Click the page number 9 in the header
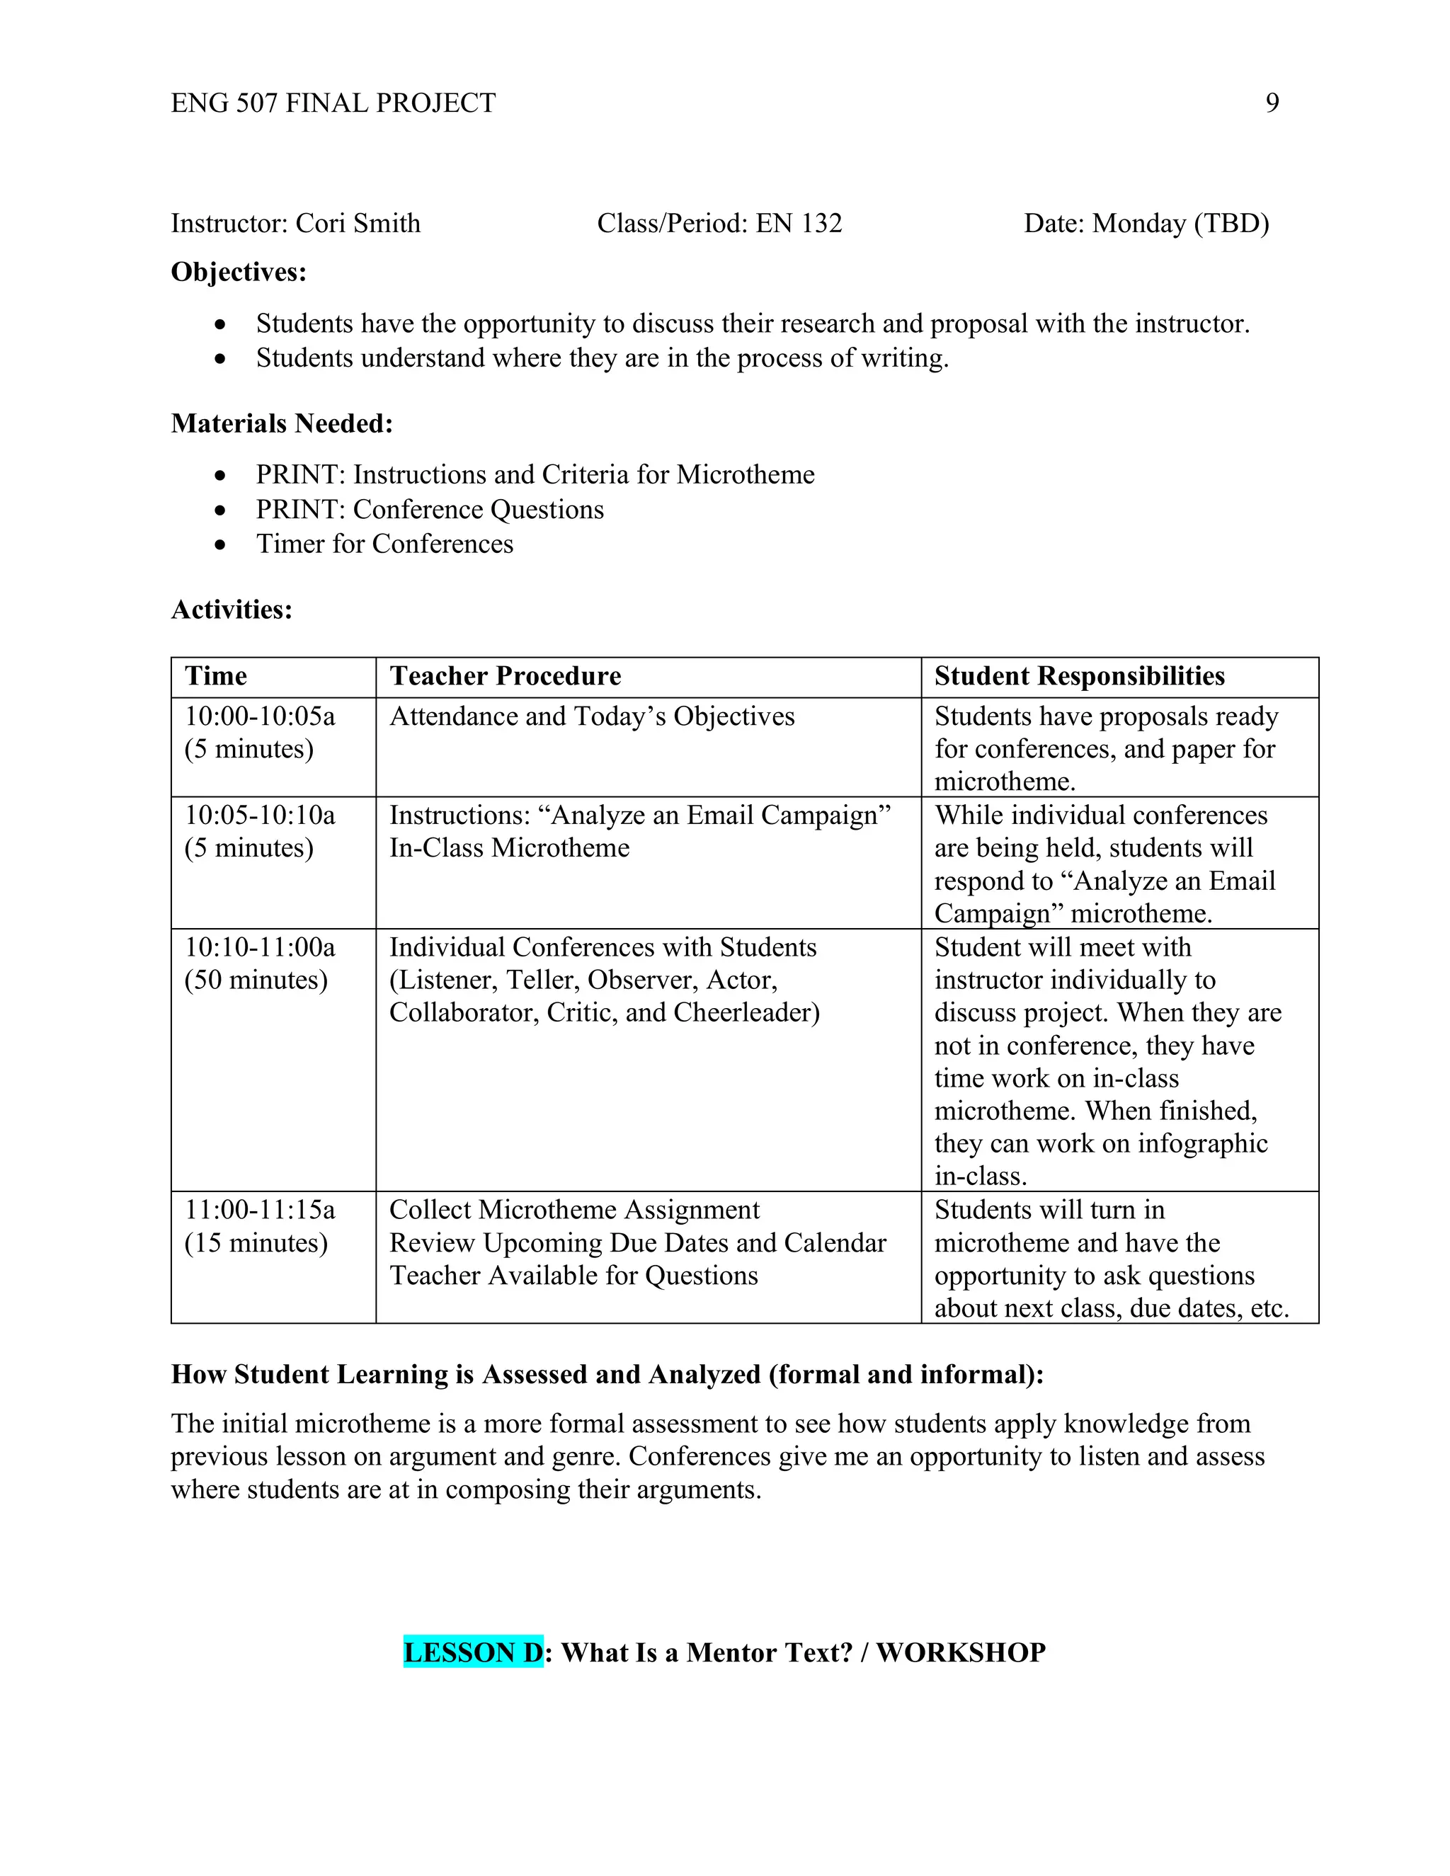pos(1272,103)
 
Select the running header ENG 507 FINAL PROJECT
pos(333,103)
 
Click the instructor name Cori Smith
pos(358,223)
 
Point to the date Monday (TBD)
pos(1180,223)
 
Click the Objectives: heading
pos(239,273)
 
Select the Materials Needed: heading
pos(282,423)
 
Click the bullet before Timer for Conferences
pos(221,544)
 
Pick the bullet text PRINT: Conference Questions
pos(430,510)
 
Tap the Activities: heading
pos(232,610)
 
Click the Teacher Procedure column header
pos(505,676)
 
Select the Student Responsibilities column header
pos(1080,676)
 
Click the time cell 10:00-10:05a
pos(259,716)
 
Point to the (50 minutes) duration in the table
pos(256,980)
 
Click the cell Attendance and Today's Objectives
pos(592,716)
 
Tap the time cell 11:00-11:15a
pos(259,1211)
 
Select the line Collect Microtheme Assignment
pos(573,1211)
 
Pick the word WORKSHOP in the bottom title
pos(960,1653)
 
